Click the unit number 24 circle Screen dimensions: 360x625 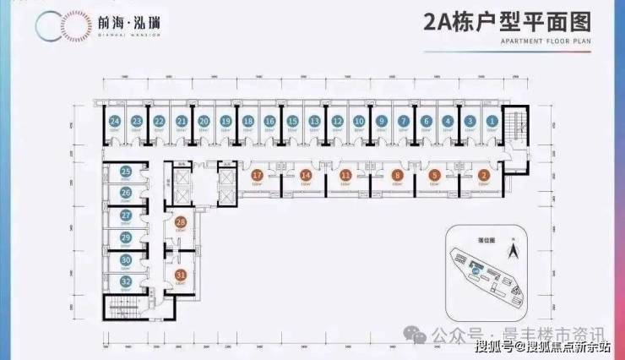pos(115,122)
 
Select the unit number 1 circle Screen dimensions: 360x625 pos(492,122)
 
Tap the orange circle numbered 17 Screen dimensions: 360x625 pos(257,175)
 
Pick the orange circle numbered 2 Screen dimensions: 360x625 pos(483,175)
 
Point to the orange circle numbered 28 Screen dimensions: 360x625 pos(180,222)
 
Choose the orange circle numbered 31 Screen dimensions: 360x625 pos(180,274)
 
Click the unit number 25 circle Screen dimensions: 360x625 pos(125,172)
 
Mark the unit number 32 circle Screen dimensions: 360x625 pos(125,281)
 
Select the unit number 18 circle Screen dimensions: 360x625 pos(247,122)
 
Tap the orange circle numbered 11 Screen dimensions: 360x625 pos(346,175)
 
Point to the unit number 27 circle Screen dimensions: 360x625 pos(125,215)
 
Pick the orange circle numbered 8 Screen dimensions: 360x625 pos(397,175)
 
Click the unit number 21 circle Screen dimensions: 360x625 pos(181,122)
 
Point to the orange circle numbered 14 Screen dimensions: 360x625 pos(306,175)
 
